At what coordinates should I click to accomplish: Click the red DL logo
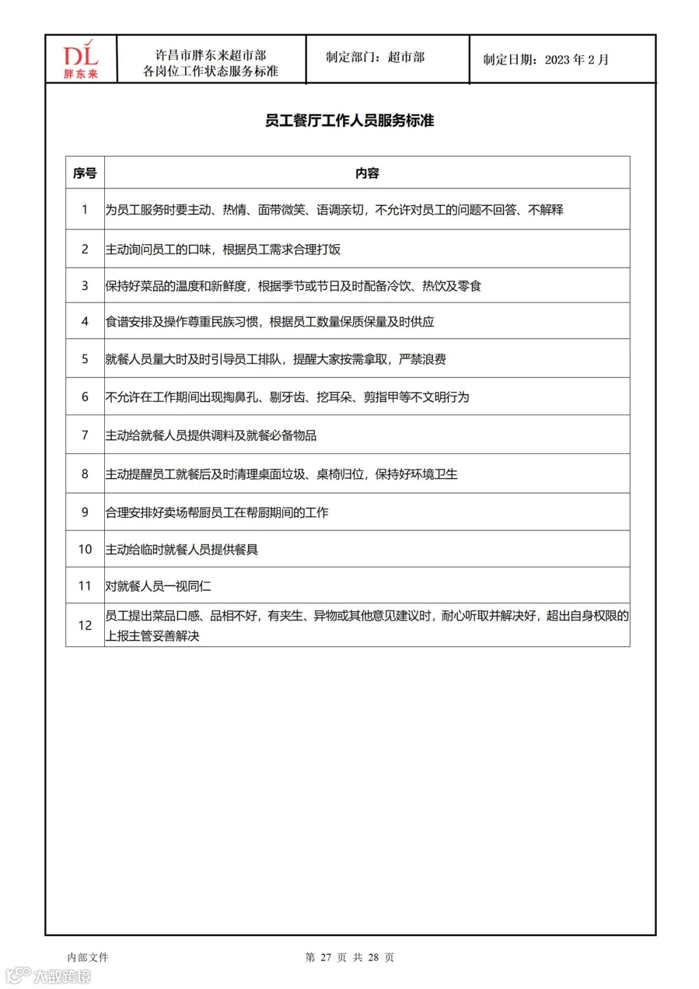tap(80, 58)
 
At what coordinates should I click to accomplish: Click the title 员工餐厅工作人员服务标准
tap(349, 120)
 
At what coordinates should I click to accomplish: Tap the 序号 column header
tap(85, 173)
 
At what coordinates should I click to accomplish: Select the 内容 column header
tap(367, 173)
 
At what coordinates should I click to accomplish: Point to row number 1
tap(85, 209)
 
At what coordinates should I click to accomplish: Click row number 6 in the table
tap(85, 396)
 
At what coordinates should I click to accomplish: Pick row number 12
tap(85, 625)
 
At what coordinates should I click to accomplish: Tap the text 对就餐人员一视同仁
tap(158, 586)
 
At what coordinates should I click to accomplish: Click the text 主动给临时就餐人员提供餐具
tap(181, 549)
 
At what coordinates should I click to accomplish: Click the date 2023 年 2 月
tap(576, 60)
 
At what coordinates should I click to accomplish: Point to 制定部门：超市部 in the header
tap(375, 57)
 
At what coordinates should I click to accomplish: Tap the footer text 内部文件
tap(88, 957)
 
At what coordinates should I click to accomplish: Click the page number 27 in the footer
tap(326, 957)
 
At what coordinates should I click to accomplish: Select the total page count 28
tap(373, 957)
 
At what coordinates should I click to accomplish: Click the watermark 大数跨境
tap(61, 975)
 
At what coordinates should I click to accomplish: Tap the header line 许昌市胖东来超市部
tap(210, 55)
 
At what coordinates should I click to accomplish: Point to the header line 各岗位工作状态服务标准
tap(210, 71)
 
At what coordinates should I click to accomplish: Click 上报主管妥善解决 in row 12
tap(152, 636)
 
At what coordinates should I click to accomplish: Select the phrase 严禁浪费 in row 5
tap(422, 359)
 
